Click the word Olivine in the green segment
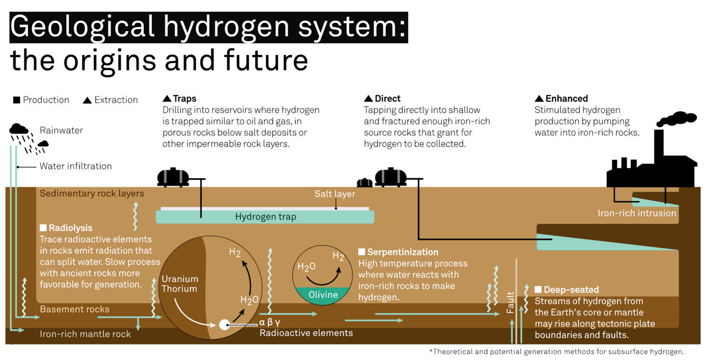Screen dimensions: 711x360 click(x=323, y=294)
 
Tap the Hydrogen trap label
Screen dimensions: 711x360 click(x=266, y=217)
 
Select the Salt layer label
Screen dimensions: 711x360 click(x=335, y=194)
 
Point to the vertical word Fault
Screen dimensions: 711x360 click(x=510, y=302)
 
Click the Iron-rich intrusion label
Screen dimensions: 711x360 click(x=637, y=213)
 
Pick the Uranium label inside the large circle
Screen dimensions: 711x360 click(x=180, y=279)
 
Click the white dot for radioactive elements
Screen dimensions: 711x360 click(x=224, y=325)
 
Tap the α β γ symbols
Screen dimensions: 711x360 click(x=269, y=322)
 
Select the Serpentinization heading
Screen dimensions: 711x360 click(x=403, y=252)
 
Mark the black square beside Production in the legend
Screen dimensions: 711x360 click(x=17, y=100)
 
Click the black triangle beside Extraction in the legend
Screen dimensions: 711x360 click(x=87, y=101)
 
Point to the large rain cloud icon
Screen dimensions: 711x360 click(x=19, y=129)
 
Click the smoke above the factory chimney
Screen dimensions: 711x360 click(x=676, y=119)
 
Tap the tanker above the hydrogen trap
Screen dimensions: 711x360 click(x=173, y=177)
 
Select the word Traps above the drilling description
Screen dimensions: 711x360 click(x=185, y=99)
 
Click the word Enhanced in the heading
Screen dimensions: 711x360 click(x=567, y=98)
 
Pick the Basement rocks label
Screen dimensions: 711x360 click(x=74, y=309)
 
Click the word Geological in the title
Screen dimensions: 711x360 click(x=83, y=27)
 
